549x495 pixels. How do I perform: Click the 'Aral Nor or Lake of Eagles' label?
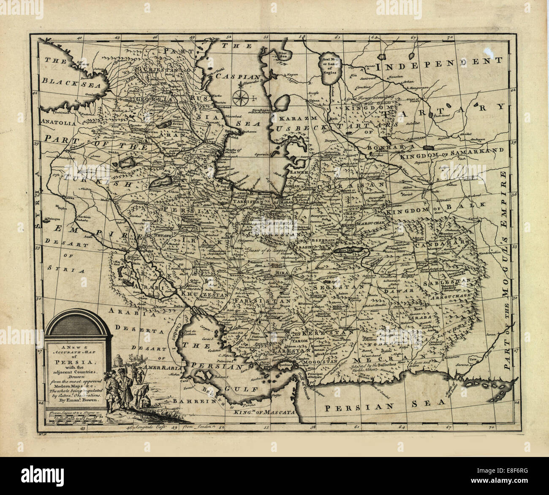331,64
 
